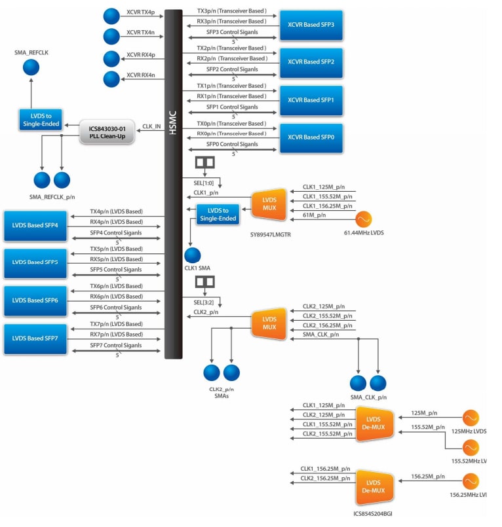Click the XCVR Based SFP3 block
pos(311,25)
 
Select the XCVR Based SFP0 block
pos(311,138)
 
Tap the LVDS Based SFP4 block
pos(35,225)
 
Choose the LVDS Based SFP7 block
pos(35,338)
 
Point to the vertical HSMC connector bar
pos(173,183)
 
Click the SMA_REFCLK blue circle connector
pos(31,67)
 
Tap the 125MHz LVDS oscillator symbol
pos(470,417)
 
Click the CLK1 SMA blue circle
pos(193,255)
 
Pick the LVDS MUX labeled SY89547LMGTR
pos(269,205)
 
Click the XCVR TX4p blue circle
pos(112,16)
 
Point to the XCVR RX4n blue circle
pos(112,79)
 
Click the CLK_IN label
pos(151,126)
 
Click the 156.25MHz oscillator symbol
pos(470,482)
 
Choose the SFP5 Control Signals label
pos(116,269)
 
